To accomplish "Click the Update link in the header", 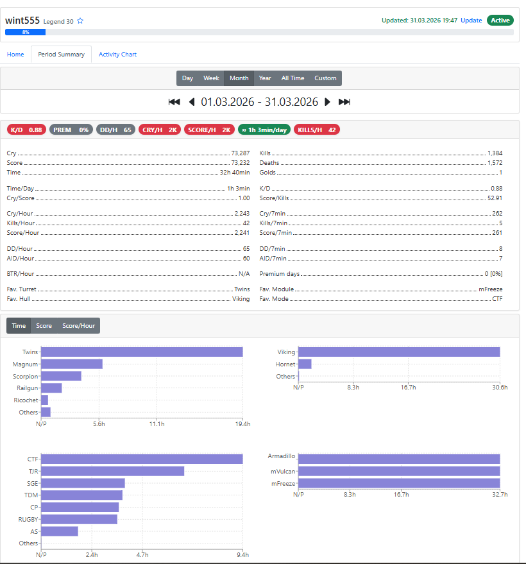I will point(471,21).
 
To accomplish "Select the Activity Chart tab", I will point(117,55).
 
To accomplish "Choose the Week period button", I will point(212,78).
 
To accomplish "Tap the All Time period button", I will point(293,78).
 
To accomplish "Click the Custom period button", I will point(325,78).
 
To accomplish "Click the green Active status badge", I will point(500,21).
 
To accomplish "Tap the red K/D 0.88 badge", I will point(26,130).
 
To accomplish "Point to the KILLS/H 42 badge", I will point(317,130).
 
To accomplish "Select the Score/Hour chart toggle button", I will point(78,326).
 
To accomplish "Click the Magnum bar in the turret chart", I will point(71,364).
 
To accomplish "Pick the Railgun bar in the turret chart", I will point(51,388).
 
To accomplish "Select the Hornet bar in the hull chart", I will point(305,364).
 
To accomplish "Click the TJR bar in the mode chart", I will point(112,471).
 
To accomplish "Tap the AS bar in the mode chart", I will point(59,531).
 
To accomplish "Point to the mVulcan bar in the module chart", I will point(399,471).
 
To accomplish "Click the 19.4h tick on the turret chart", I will point(242,424).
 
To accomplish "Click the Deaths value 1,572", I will point(495,163).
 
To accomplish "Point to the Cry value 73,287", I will point(241,153).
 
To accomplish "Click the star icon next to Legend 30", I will point(80,21).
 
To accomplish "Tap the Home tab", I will point(15,55).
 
